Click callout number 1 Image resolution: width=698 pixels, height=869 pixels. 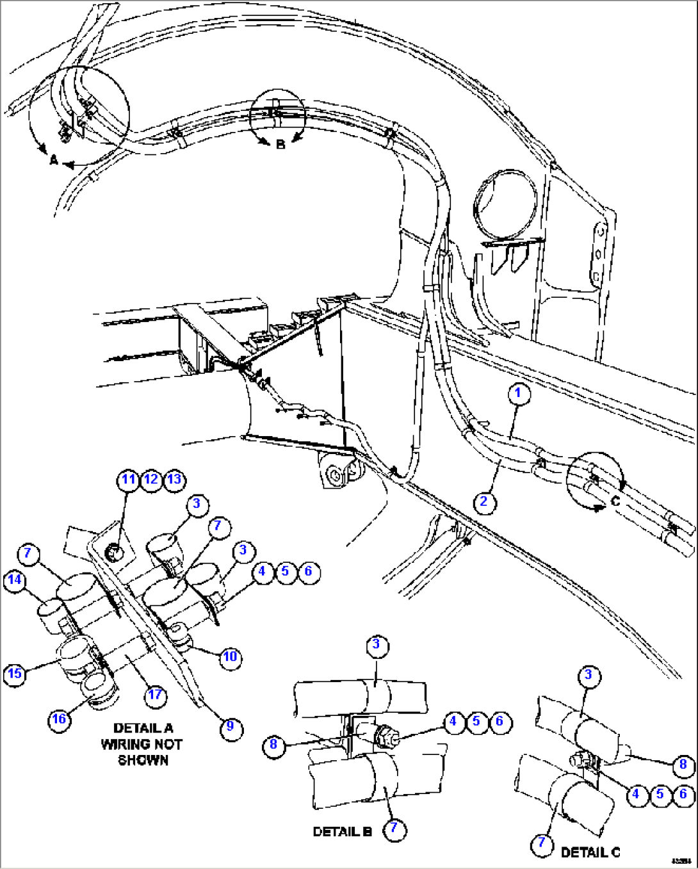(519, 393)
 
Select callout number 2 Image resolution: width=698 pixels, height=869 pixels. (484, 501)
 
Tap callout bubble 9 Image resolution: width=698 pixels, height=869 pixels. (231, 727)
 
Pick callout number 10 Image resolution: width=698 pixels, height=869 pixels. (230, 656)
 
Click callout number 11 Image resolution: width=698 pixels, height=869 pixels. (129, 480)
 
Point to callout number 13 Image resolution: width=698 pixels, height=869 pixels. (174, 480)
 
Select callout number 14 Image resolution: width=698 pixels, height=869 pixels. (15, 580)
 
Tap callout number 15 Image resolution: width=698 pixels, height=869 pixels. (15, 674)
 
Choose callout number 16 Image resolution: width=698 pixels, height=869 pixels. (59, 719)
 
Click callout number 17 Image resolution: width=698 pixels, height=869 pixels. (156, 695)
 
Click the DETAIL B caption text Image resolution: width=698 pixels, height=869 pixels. (342, 831)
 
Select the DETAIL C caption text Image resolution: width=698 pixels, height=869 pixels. (590, 852)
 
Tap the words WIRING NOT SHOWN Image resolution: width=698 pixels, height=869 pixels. (142, 752)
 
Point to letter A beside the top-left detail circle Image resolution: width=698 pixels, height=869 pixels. (54, 161)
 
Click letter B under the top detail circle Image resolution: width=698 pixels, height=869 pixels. (280, 145)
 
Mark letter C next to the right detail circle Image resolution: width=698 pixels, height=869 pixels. (615, 501)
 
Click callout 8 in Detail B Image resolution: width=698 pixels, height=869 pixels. (274, 744)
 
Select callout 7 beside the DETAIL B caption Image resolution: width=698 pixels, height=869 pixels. (394, 829)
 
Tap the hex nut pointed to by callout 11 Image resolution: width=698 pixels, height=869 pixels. (113, 551)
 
